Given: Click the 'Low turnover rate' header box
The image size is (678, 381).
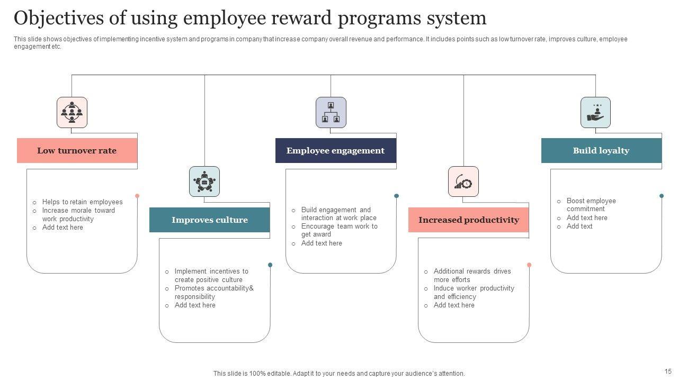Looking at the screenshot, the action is tap(77, 151).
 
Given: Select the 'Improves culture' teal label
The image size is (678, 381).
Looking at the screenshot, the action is tap(209, 220).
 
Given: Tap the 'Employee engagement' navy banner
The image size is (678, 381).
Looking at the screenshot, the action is tap(335, 151).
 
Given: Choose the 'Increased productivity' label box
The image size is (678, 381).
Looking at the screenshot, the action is tap(468, 220).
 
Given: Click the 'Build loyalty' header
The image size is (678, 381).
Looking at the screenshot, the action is tap(601, 151).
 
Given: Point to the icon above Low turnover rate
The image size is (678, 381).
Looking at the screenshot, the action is tap(72, 112).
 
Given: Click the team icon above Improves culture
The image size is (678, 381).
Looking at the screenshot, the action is tap(204, 182).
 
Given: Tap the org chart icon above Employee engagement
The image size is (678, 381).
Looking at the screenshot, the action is tap(331, 112).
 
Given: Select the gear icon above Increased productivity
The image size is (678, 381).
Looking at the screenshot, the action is tap(463, 182).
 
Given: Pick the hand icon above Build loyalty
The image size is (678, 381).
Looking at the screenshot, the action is tap(595, 112).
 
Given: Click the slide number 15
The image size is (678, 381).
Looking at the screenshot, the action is tap(668, 371).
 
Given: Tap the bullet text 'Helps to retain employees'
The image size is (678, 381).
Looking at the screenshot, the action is tap(82, 202).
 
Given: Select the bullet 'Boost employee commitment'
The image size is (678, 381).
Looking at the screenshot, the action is tap(591, 205).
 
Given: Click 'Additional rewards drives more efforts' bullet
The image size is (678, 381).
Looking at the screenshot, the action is tap(471, 276).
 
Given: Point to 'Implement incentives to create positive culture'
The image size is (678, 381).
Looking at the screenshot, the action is tap(211, 276).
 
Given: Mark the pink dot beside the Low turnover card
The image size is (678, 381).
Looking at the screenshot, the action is tap(137, 196).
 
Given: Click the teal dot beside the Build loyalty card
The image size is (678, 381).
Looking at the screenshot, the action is tap(662, 196).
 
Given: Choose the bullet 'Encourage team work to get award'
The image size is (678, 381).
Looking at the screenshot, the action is tap(339, 230).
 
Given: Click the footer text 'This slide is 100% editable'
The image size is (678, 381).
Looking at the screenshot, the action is tap(339, 374).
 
